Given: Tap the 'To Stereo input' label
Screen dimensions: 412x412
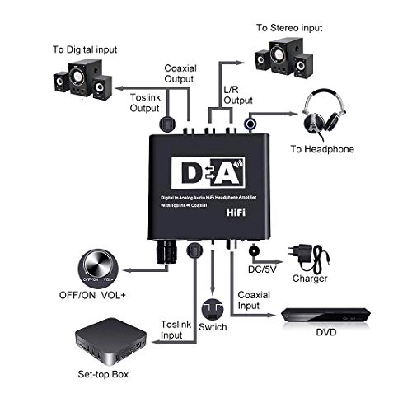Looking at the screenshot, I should [x=291, y=27].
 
